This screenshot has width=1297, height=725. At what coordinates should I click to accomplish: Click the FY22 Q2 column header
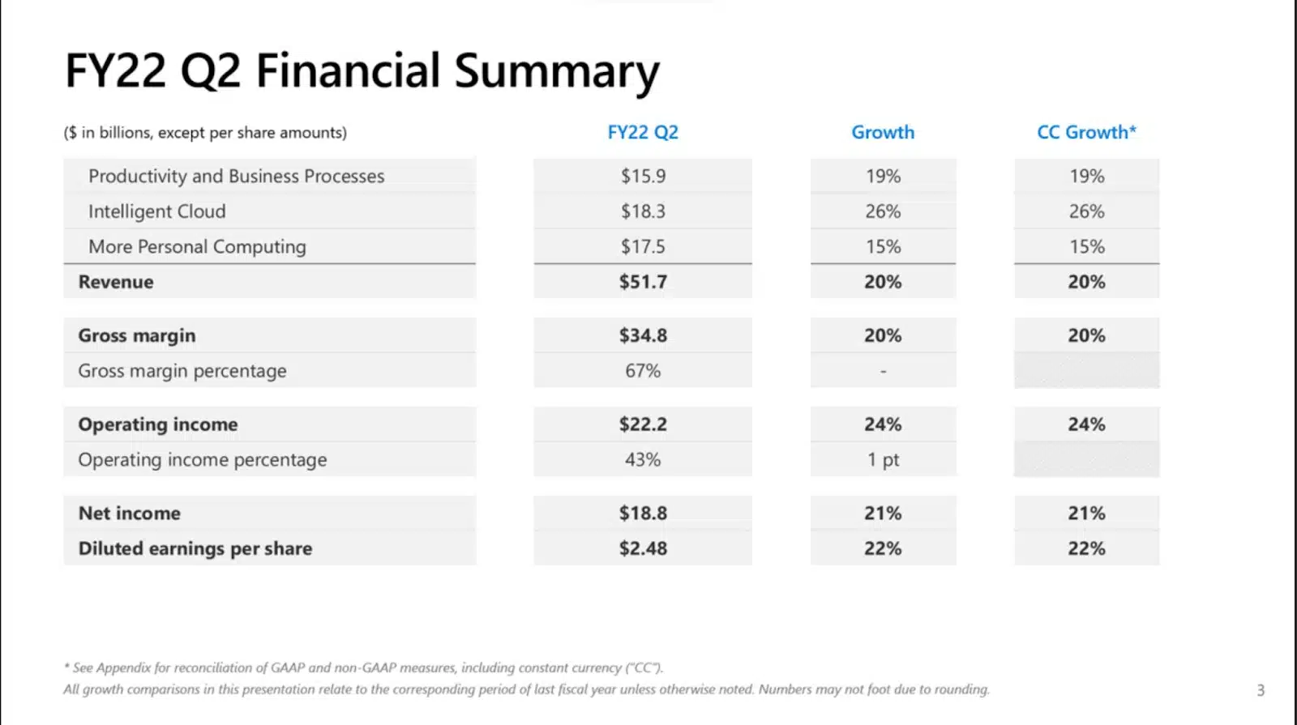click(x=643, y=132)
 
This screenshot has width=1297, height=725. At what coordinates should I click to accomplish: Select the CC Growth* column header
click(x=1086, y=132)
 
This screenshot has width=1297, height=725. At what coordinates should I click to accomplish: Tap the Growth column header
click(x=883, y=132)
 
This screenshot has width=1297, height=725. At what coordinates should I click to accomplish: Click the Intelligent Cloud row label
click(x=156, y=211)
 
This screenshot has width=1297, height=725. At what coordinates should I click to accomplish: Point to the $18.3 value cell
click(x=643, y=211)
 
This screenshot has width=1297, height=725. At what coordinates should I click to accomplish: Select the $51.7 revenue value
click(x=643, y=282)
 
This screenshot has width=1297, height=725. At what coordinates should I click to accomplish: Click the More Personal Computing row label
click(x=197, y=247)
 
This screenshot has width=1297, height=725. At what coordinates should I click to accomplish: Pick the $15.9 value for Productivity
click(x=643, y=176)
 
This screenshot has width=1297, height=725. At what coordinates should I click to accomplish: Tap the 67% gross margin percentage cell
click(x=643, y=371)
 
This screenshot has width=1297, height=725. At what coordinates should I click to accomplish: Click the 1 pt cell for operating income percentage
click(x=883, y=460)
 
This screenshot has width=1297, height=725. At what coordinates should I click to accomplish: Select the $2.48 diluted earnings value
click(x=643, y=548)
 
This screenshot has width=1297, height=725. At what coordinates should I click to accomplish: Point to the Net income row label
click(x=129, y=514)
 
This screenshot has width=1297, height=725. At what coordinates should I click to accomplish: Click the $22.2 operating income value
click(x=643, y=424)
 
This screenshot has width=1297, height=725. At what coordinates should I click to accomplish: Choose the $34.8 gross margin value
click(x=643, y=335)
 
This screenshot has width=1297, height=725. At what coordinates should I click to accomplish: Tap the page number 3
click(x=1261, y=690)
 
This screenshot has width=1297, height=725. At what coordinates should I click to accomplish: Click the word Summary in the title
click(x=557, y=71)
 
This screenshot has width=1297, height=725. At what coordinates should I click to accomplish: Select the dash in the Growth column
click(x=883, y=371)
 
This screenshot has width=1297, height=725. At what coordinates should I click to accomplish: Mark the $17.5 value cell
click(x=643, y=247)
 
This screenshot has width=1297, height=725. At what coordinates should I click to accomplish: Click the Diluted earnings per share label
click(x=195, y=548)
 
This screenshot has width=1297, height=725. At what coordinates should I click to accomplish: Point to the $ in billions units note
click(x=205, y=133)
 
